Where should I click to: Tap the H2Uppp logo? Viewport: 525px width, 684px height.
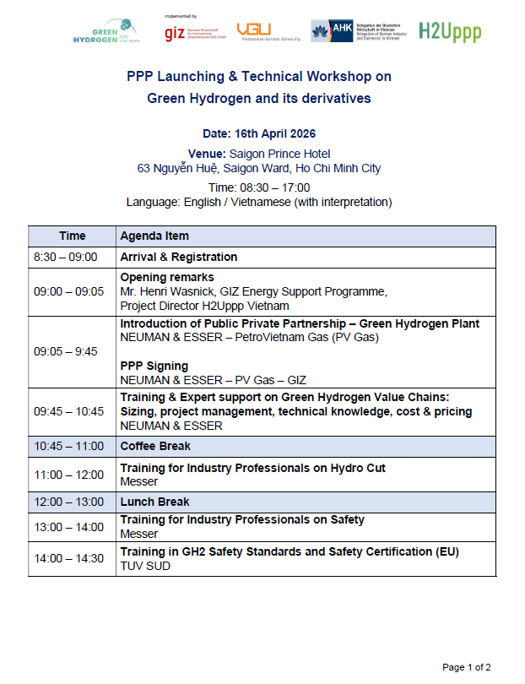click(451, 32)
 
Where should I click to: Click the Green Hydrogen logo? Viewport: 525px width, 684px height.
click(106, 33)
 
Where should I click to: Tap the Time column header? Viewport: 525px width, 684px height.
click(73, 236)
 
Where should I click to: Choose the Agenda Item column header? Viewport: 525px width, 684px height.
click(154, 236)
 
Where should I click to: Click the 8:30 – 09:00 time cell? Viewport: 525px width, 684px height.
click(66, 257)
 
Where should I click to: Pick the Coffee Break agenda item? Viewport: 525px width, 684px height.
click(155, 446)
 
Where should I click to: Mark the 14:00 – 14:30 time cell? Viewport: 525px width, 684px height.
click(69, 558)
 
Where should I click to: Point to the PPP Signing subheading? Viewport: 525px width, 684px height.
click(154, 366)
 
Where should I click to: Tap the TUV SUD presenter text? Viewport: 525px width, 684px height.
click(145, 566)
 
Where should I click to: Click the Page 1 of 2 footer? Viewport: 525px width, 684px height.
click(467, 667)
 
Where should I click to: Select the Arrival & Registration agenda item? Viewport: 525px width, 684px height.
click(179, 257)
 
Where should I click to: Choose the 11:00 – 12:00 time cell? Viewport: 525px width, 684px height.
click(69, 475)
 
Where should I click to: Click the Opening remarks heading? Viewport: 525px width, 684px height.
click(167, 277)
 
